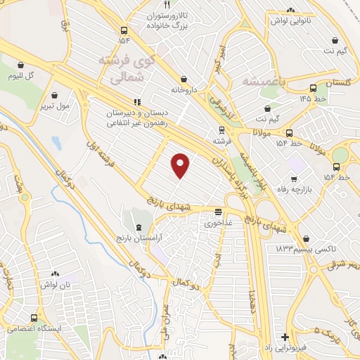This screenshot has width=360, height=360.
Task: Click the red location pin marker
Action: click(x=181, y=165)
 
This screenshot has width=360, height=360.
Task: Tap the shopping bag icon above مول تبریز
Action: click(x=53, y=92)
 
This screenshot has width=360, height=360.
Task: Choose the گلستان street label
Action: click(x=337, y=83)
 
